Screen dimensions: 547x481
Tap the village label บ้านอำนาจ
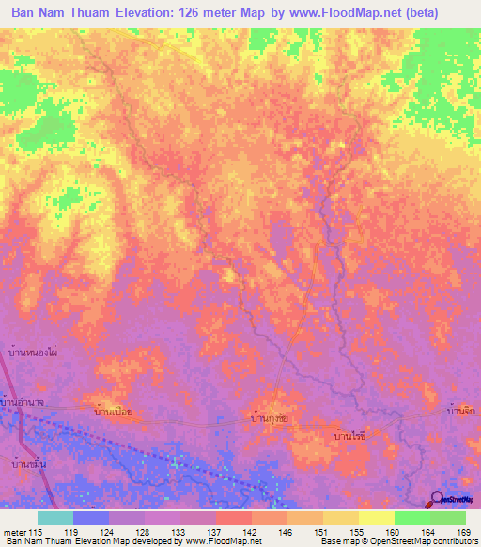pyautogui.click(x=25, y=403)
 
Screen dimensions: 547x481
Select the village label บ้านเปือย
pyautogui.click(x=118, y=412)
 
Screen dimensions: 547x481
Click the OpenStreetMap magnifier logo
pyautogui.click(x=437, y=500)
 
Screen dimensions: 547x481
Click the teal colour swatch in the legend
pyautogui.click(x=54, y=518)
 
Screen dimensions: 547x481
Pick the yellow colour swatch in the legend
pyautogui.click(x=376, y=518)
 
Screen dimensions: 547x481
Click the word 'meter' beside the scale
pyautogui.click(x=14, y=532)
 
